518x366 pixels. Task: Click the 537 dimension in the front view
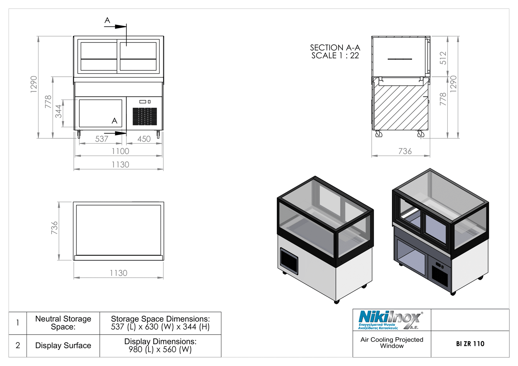[102, 139]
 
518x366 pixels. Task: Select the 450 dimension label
[144, 139]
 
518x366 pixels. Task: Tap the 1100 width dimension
[120, 151]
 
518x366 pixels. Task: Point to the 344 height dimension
[59, 111]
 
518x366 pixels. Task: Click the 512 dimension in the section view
[443, 58]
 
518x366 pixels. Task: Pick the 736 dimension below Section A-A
[405, 151]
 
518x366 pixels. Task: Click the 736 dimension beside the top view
[54, 228]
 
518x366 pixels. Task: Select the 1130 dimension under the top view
[118, 273]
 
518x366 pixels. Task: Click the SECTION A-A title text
[335, 48]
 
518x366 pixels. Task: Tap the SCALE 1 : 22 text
[335, 55]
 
